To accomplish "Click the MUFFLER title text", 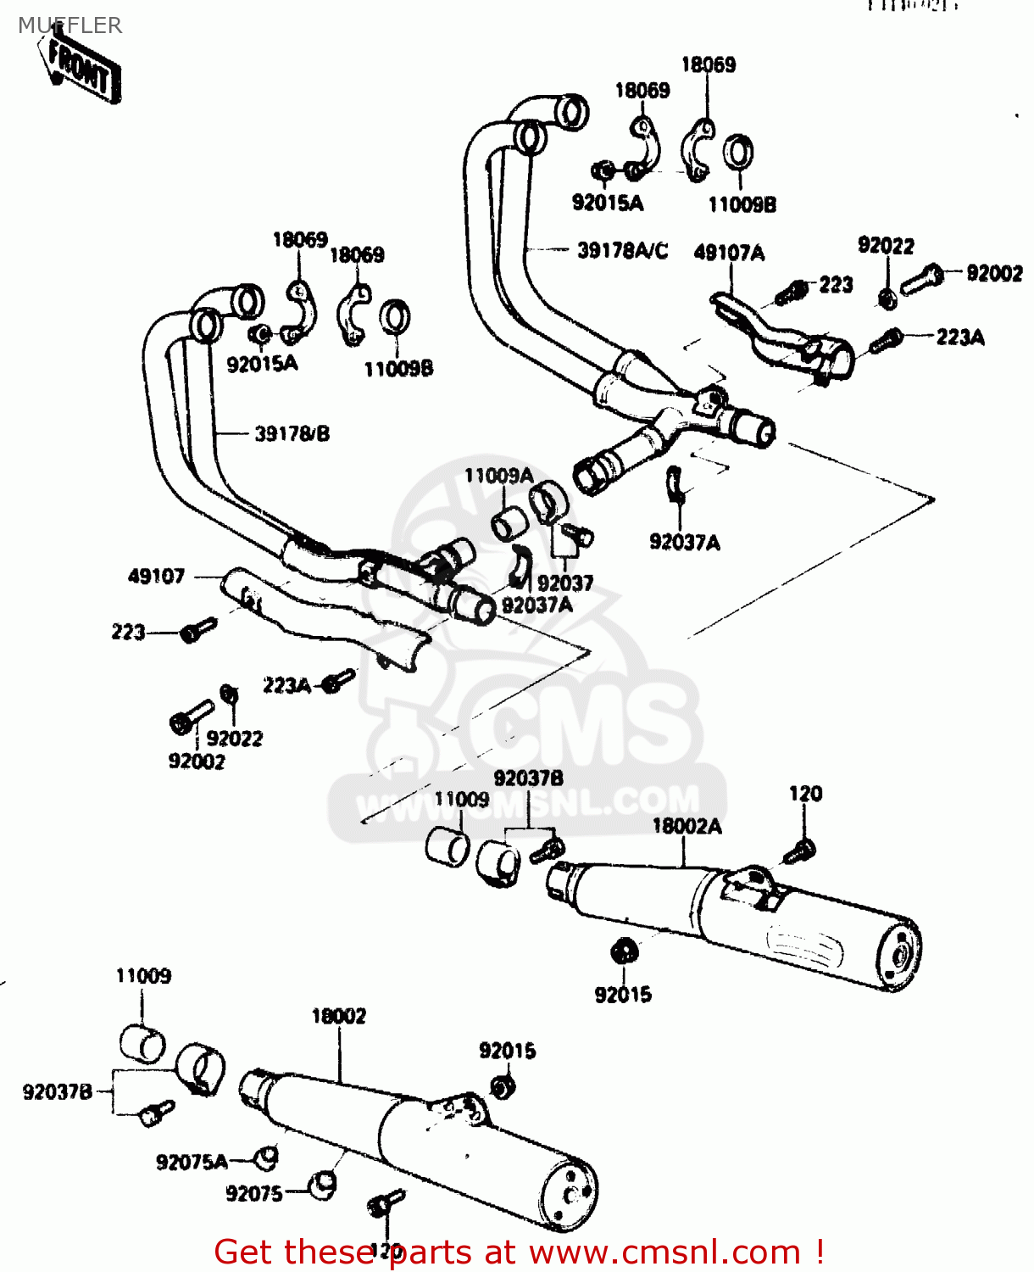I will pos(70,25).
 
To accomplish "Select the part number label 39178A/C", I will pos(622,251).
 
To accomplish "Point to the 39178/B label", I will pos(292,434).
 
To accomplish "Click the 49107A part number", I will pos(729,253).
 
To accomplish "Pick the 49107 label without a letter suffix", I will pos(156,577).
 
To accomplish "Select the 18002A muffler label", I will pos(687,826).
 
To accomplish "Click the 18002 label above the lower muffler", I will pos(338,1016).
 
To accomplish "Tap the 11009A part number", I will pos(498,476).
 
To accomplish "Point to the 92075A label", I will pos(192,1162).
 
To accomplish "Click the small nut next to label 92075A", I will pos(267,1157).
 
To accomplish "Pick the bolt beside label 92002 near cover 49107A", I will pos(920,279).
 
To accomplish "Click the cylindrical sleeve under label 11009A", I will pos(509,524).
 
